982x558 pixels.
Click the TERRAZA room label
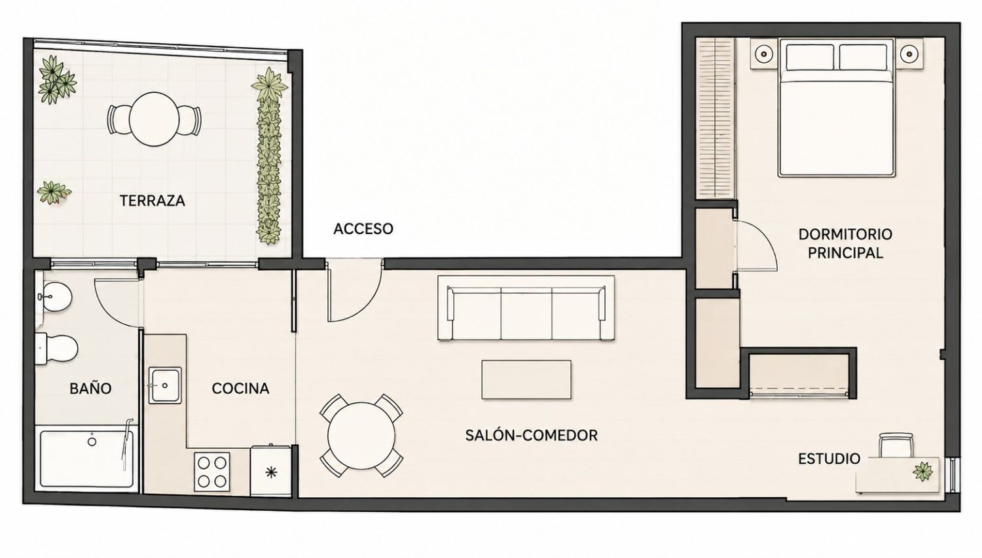(152, 201)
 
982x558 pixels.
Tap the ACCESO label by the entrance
(363, 229)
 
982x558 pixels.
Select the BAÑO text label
(90, 388)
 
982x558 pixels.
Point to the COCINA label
(240, 388)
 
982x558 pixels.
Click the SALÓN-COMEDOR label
(532, 436)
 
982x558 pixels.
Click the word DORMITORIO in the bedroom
(845, 234)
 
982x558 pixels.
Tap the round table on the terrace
(155, 118)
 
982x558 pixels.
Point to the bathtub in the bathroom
(87, 459)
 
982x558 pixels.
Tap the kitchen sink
(165, 385)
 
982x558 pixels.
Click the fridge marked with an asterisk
(271, 471)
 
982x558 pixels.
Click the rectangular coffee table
(526, 379)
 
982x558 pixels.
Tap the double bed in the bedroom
(836, 108)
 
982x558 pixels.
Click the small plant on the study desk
(922, 471)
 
